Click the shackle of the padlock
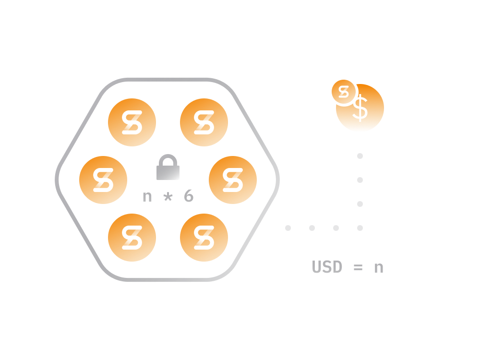coord(168,159)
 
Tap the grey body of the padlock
coord(168,172)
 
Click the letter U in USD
coord(317,267)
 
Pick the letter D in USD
coord(337,267)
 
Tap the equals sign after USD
coord(358,267)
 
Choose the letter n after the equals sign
coord(379,267)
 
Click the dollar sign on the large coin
coord(360,108)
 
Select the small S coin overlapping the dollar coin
coord(344,92)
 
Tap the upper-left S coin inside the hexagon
coord(132,122)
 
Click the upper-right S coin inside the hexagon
coord(204,122)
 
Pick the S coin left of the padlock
coord(103,180)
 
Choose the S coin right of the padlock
coord(233,180)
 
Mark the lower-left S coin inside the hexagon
coord(132,238)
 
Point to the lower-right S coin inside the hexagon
coord(204,238)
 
